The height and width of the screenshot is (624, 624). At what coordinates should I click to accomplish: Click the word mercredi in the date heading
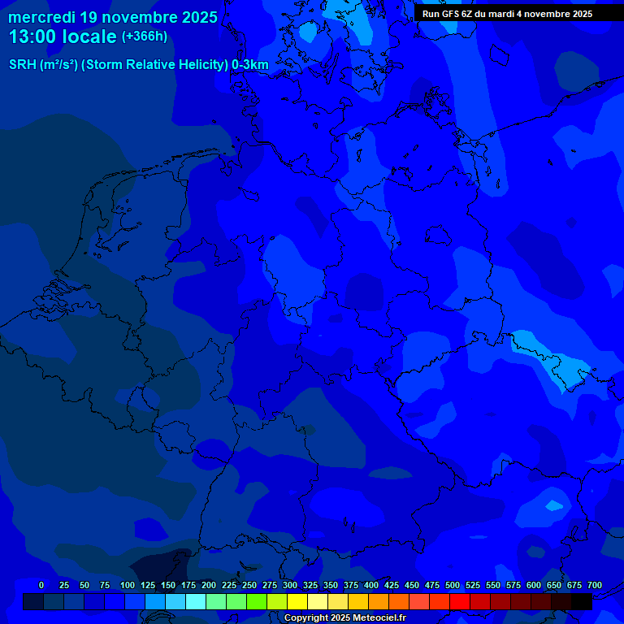pos(42,17)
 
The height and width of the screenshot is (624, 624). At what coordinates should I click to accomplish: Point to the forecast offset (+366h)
pos(145,37)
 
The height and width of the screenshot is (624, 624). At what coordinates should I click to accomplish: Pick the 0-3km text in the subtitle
pos(250,65)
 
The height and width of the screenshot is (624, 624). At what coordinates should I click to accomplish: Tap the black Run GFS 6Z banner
pos(507,14)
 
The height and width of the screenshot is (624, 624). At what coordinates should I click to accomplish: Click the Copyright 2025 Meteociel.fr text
pos(344,617)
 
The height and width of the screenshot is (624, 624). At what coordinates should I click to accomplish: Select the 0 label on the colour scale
pos(41,585)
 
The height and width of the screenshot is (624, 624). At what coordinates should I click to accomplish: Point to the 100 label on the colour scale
pos(128,585)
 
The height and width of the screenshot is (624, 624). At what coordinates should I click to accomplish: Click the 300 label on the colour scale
pos(290,585)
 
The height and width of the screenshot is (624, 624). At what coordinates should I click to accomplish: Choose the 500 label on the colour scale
pos(453,585)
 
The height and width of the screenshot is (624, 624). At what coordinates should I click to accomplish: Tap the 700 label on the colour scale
pos(595,585)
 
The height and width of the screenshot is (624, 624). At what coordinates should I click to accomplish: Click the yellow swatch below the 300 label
pos(297,602)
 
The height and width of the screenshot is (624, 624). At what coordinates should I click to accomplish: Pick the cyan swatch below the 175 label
pos(196,602)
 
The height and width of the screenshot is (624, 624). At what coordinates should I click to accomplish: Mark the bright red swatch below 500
pos(460,602)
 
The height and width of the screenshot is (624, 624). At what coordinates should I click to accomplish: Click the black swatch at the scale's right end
pos(582,602)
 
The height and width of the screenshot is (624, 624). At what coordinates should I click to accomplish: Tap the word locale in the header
pos(89,37)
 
